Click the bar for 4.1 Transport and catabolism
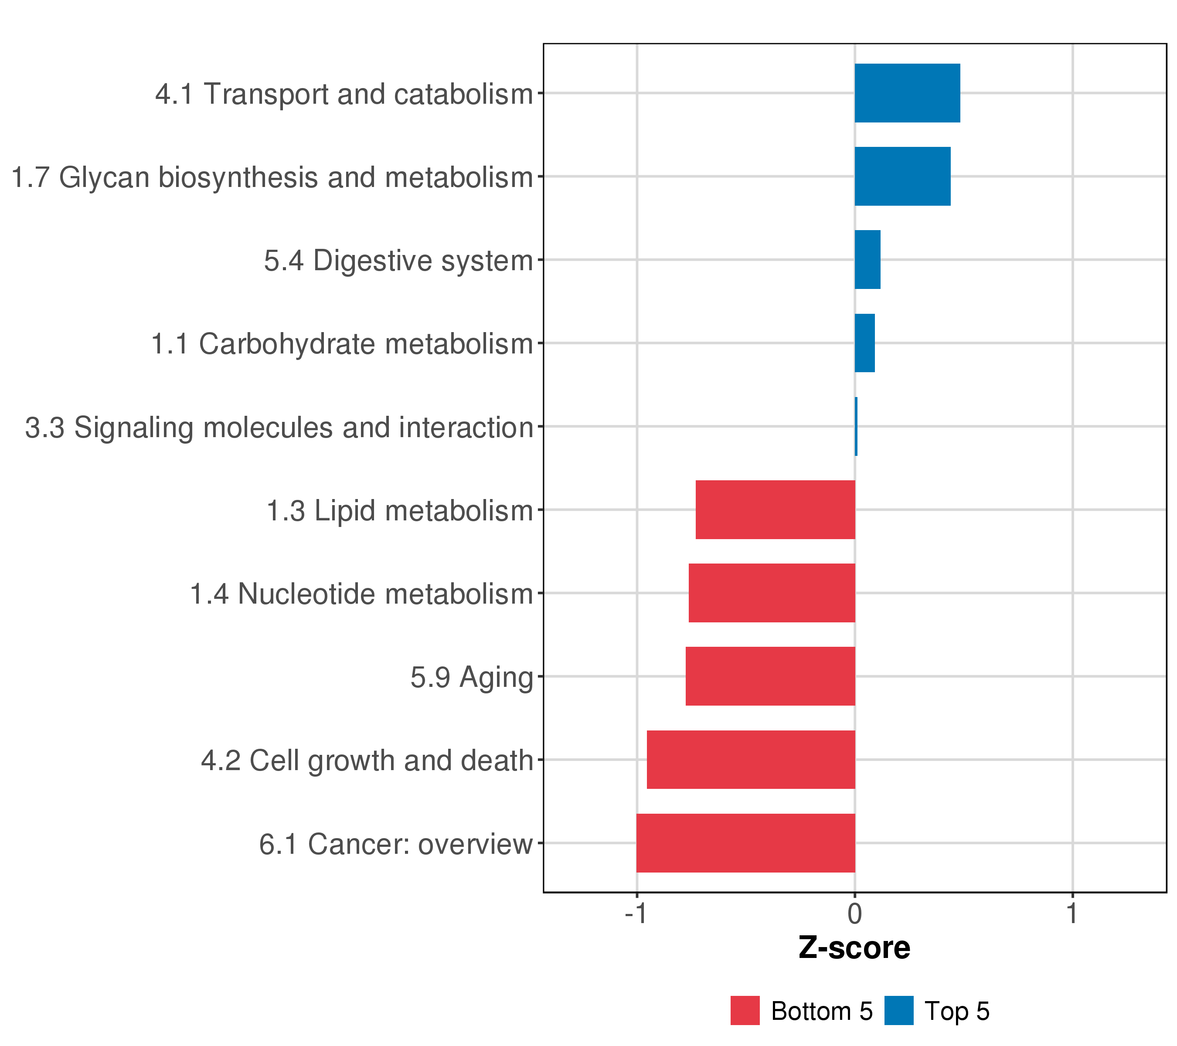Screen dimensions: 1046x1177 pos(907,93)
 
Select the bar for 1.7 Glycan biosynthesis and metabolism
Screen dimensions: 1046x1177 pos(902,176)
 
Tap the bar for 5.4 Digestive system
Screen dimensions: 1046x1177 pos(867,260)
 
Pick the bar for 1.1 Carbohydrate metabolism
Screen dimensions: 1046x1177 pos(864,343)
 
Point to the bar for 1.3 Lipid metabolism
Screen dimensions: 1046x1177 pos(775,509)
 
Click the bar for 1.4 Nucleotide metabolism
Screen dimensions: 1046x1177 pos(772,593)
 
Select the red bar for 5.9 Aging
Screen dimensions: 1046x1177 pos(770,676)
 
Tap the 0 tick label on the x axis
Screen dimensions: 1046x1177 pos(854,914)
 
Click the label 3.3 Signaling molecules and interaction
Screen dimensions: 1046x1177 pos(279,428)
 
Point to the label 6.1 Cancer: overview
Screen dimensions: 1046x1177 pos(395,844)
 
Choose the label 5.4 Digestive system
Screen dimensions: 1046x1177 pos(398,261)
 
